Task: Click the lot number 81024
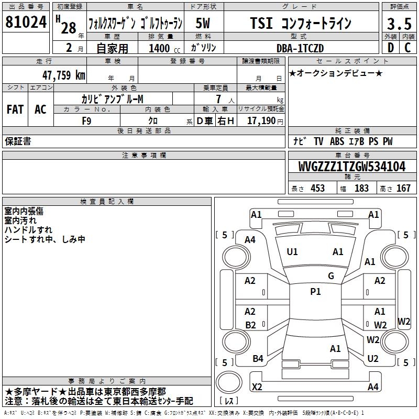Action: pos(26,22)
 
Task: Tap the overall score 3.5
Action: pos(399,24)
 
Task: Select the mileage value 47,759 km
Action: pos(64,75)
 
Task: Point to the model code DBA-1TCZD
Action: pos(300,48)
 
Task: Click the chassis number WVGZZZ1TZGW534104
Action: pos(352,167)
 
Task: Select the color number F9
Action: pos(86,121)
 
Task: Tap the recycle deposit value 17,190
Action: pos(261,120)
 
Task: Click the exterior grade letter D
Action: pos(391,48)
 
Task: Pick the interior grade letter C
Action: pos(407,48)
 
